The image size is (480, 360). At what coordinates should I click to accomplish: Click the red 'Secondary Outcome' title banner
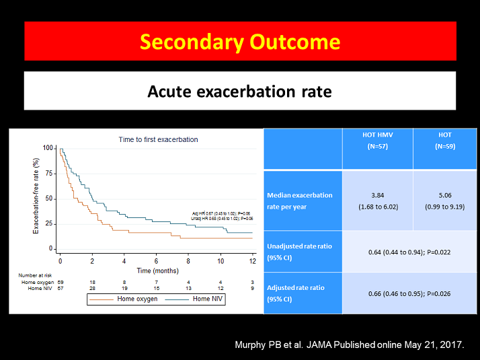tap(239, 42)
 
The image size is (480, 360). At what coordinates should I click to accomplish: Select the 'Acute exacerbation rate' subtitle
tap(239, 91)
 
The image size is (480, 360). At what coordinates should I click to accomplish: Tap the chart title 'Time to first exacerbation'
tap(158, 139)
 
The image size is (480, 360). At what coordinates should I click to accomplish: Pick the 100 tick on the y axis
tap(48, 148)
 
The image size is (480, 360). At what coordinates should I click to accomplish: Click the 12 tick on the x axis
tap(253, 260)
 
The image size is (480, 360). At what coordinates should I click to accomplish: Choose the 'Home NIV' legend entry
tap(206, 299)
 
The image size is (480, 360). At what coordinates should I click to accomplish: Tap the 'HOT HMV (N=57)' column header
tap(378, 140)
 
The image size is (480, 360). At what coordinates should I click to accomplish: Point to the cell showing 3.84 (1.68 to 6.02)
tap(378, 201)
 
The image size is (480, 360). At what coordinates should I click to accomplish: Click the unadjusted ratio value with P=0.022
tap(411, 252)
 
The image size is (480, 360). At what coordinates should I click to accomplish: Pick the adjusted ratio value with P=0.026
tap(411, 293)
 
